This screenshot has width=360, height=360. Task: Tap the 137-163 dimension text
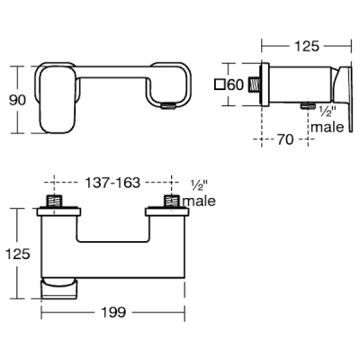tap(112, 181)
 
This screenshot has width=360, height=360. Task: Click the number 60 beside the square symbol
tap(237, 85)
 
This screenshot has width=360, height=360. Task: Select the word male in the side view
tap(325, 127)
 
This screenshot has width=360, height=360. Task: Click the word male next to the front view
tap(198, 202)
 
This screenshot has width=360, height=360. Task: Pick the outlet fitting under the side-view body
tap(308, 106)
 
